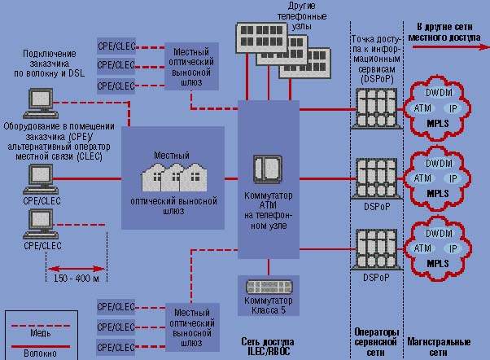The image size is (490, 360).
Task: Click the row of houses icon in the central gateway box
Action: (174, 176)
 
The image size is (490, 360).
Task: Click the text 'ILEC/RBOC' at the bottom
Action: (268, 352)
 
